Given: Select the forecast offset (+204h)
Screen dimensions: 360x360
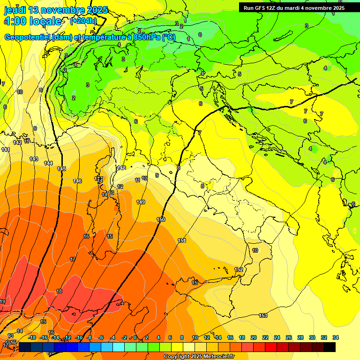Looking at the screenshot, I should click(83, 21).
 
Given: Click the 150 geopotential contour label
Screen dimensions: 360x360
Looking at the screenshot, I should click(161, 219).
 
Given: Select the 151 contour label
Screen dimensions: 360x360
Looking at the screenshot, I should click(182, 240).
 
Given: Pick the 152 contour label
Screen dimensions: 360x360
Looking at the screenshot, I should click(239, 270).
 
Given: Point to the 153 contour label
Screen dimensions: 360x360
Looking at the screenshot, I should click(263, 315).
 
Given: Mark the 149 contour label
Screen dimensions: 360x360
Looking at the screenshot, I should click(141, 202).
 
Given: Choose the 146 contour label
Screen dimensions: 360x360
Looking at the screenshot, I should click(77, 181).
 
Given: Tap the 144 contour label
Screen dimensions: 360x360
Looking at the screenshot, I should click(48, 163).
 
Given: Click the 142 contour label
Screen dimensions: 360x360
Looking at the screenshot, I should click(17, 142).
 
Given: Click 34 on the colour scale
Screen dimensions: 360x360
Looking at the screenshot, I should click(335, 337).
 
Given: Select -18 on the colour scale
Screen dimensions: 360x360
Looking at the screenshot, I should click(32, 337).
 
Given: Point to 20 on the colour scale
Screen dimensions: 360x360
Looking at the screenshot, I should click(253, 337).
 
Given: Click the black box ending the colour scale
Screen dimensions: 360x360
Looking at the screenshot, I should click(330, 347).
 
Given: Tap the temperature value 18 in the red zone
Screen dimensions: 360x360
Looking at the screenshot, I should click(59, 291).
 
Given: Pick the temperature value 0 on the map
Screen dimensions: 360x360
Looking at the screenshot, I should click(200, 35).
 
